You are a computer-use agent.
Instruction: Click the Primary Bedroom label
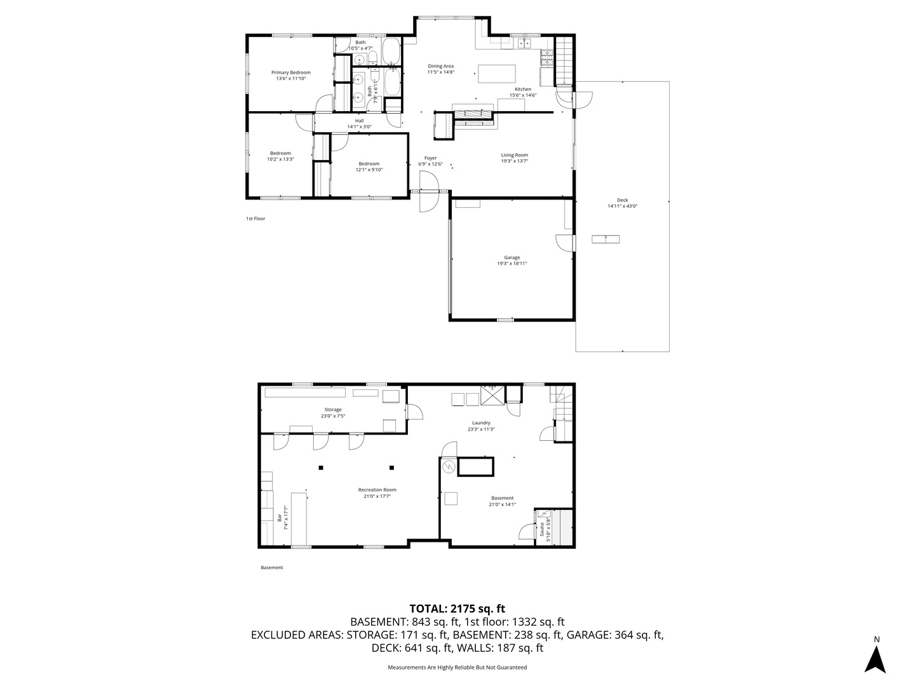pyautogui.click(x=291, y=72)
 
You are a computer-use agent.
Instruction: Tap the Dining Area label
pyautogui.click(x=440, y=66)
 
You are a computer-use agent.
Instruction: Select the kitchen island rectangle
pyautogui.click(x=497, y=74)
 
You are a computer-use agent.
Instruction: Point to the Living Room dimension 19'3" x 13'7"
pyautogui.click(x=514, y=161)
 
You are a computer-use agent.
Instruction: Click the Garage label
pyautogui.click(x=512, y=257)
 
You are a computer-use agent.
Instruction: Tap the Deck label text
pyautogui.click(x=622, y=200)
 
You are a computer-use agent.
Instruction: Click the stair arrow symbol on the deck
pyautogui.click(x=606, y=239)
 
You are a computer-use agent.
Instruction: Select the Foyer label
pyautogui.click(x=431, y=158)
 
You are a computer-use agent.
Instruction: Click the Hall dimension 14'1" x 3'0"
pyautogui.click(x=359, y=127)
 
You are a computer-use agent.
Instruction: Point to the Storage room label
pyautogui.click(x=333, y=410)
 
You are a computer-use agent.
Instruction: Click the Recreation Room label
pyautogui.click(x=377, y=490)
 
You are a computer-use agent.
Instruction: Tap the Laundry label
pyautogui.click(x=481, y=423)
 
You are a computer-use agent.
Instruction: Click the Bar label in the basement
pyautogui.click(x=280, y=518)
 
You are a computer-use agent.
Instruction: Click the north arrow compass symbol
pyautogui.click(x=876, y=659)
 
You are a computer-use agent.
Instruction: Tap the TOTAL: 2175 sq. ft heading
pyautogui.click(x=457, y=609)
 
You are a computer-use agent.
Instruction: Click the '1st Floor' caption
pyautogui.click(x=255, y=219)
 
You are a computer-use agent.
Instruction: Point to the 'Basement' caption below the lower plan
pyautogui.click(x=271, y=568)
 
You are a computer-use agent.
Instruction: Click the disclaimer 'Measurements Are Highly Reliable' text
pyautogui.click(x=457, y=668)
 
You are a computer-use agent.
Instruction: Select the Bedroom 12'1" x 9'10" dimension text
pyautogui.click(x=369, y=170)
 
